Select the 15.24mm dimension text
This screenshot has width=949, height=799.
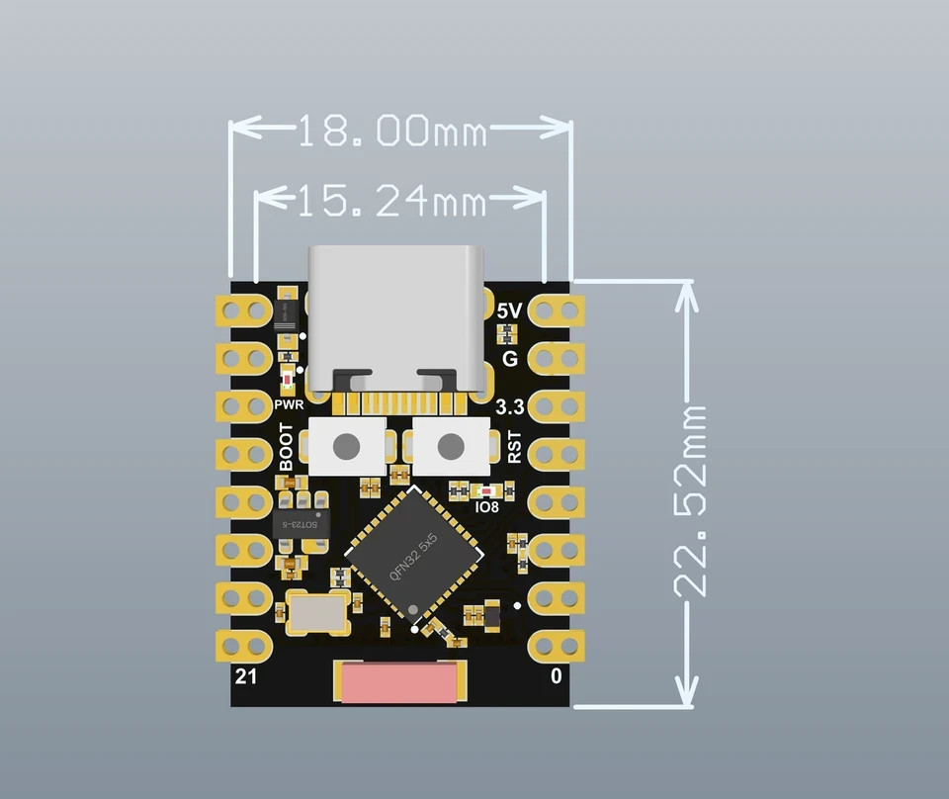392,201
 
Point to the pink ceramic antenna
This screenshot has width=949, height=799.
400,682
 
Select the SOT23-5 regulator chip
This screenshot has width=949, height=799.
300,524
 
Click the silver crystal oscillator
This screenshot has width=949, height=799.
316,613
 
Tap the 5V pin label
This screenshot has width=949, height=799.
509,311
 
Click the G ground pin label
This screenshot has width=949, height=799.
510,359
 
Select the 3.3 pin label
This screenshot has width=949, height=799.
509,407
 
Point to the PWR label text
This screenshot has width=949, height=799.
288,404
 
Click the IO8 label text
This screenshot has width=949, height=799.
487,507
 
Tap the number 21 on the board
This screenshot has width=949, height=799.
244,677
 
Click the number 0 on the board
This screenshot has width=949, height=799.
557,677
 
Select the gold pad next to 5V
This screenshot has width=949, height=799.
557,311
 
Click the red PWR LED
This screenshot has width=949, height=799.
288,380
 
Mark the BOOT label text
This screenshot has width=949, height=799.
287,447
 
